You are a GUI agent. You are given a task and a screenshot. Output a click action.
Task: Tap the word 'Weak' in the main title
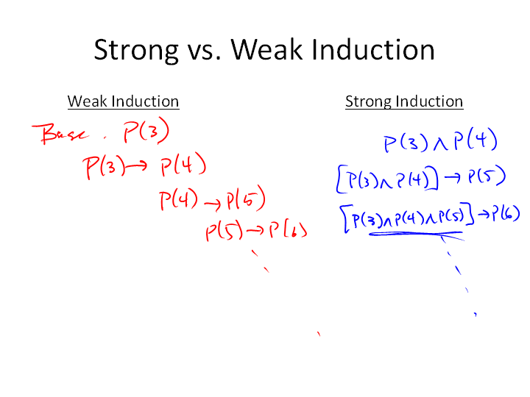pos(266,49)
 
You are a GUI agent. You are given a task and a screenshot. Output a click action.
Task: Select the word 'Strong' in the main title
pos(136,51)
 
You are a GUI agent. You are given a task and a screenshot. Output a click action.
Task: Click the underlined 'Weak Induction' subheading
pos(124,101)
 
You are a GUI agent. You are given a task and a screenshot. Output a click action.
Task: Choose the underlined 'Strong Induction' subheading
pos(404,101)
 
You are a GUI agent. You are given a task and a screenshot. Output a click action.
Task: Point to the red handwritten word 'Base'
pos(60,134)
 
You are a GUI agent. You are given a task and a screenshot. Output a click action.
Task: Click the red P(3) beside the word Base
pos(146,130)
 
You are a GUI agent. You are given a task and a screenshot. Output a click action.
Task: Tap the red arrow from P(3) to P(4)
pos(136,165)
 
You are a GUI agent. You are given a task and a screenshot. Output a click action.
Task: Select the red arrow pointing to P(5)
pos(213,204)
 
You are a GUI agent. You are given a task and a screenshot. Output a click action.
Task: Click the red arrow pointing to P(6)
pos(255,231)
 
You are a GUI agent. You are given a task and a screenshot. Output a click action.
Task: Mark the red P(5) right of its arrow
pos(246,198)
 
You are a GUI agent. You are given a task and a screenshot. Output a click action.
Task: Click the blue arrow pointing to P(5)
pos(453,177)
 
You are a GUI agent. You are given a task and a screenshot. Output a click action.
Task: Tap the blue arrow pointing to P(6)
pos(483,214)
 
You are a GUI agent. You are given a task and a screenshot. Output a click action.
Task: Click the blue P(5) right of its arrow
pos(487,176)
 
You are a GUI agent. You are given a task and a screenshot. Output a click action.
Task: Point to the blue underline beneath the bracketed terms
pos(416,233)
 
